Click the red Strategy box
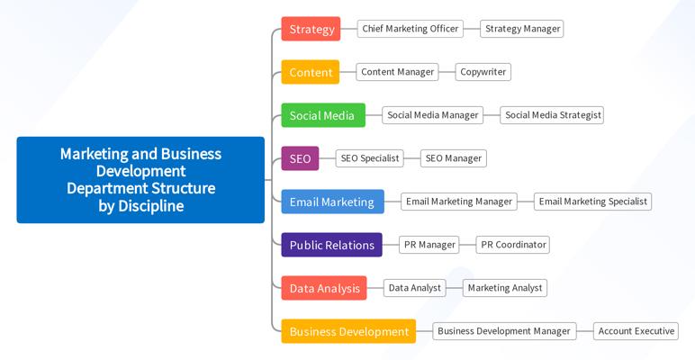(x=311, y=29)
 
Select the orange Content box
(x=310, y=72)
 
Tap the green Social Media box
(x=322, y=115)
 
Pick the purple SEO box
(x=300, y=158)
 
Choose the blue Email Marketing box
(x=332, y=202)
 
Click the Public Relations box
(x=331, y=245)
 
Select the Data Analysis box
(x=324, y=288)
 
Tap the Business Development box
(x=348, y=331)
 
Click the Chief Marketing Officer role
(x=410, y=29)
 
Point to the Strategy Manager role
(x=522, y=29)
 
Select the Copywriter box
(x=483, y=72)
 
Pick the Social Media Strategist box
(x=552, y=115)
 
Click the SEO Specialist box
(x=369, y=158)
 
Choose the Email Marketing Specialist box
(x=592, y=202)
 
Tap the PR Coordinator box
(x=512, y=245)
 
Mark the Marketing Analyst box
(x=505, y=288)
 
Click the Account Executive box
(x=636, y=331)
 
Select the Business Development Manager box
(x=503, y=331)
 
